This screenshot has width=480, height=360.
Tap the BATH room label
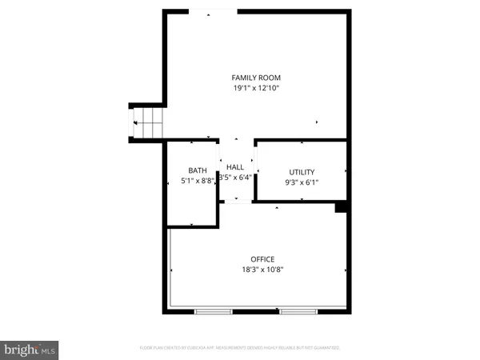click(x=197, y=170)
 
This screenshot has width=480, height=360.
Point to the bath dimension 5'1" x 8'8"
click(x=197, y=182)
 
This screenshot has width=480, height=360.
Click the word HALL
click(x=235, y=166)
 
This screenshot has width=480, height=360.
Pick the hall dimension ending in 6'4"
click(x=235, y=177)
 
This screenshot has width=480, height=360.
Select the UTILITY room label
click(x=302, y=172)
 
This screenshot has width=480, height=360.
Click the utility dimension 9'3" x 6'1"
click(x=302, y=182)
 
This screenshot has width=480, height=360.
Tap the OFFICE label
click(x=262, y=259)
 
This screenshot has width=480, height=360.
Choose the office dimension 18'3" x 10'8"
click(x=262, y=270)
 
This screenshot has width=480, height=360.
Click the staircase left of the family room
click(x=147, y=122)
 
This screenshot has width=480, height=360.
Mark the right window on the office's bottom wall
click(x=298, y=309)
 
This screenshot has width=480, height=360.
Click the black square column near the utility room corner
click(x=341, y=206)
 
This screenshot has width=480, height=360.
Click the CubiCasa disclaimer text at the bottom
click(x=240, y=348)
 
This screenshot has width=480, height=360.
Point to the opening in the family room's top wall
click(x=212, y=10)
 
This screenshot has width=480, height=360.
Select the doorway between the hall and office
click(x=236, y=202)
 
